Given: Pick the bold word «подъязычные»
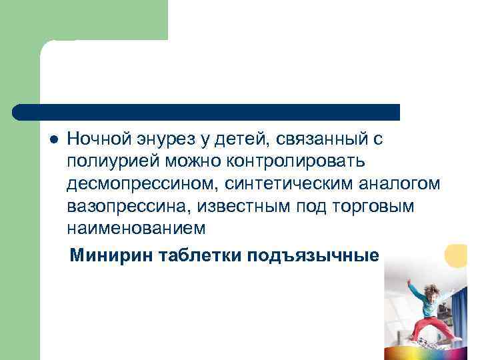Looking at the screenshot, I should click(x=313, y=256).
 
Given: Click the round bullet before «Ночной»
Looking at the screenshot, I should click(x=55, y=139).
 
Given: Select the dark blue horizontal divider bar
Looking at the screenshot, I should click(x=207, y=112).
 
